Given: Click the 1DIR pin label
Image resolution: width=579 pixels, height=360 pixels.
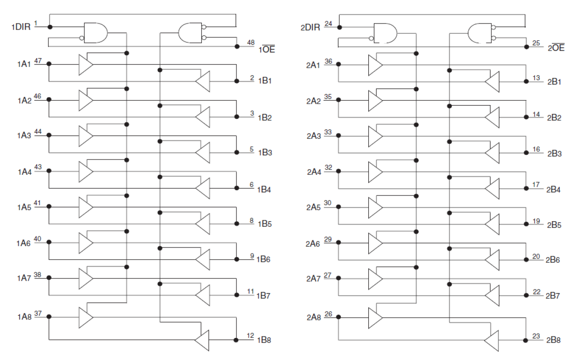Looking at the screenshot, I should coord(20,27).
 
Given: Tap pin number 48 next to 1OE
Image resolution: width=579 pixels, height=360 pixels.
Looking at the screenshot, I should coord(251,42).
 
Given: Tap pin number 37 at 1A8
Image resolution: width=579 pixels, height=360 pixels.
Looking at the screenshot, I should coord(38,313).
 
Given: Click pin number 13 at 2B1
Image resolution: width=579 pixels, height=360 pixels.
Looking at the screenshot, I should coord(536,78).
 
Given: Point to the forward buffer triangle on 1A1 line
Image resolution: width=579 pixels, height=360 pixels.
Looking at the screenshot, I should coord(86,64).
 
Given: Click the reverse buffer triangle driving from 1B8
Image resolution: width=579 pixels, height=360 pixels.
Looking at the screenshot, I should coord(201,340).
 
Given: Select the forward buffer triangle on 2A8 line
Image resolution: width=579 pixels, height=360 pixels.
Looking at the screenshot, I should coord(375,318).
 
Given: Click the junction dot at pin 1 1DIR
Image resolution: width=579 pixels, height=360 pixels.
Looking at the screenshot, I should coord(50,27).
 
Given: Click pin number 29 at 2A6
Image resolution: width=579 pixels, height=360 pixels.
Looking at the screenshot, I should coord(328,239).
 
